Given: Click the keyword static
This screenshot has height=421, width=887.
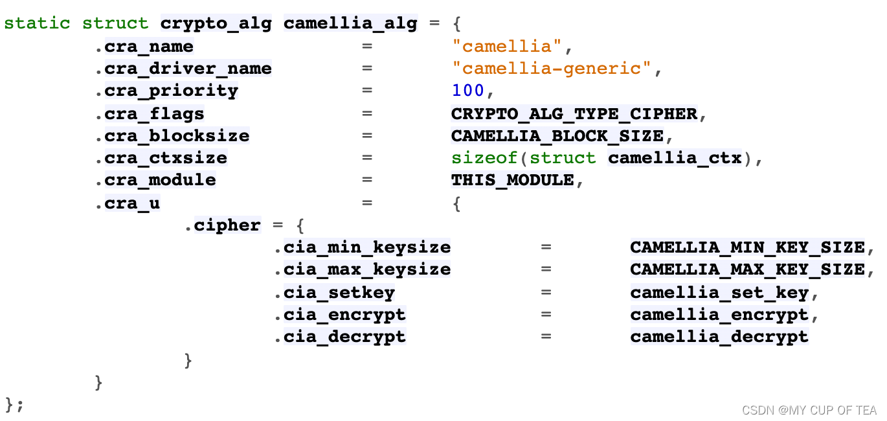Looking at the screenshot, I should click(x=37, y=24).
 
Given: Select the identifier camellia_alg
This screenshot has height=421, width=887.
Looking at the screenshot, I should click(x=350, y=24).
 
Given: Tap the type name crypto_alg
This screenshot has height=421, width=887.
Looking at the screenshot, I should click(x=216, y=24).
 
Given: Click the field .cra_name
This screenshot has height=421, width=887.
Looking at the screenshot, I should click(x=144, y=47).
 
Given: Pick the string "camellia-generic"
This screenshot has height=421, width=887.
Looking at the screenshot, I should click(x=551, y=69).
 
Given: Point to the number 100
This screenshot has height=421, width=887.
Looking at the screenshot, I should click(x=467, y=91).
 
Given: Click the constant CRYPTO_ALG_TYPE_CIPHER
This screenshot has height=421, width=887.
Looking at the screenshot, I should click(x=574, y=114).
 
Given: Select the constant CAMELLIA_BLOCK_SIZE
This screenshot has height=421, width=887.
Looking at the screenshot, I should click(x=557, y=136).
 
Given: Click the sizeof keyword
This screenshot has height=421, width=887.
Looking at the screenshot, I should click(x=484, y=158).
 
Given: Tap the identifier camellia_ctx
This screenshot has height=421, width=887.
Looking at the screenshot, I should click(x=674, y=158).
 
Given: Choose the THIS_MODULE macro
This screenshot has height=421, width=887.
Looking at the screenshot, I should click(x=512, y=180).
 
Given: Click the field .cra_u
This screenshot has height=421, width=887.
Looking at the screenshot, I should click(x=128, y=203).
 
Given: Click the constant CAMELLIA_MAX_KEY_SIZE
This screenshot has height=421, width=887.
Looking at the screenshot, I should click(x=747, y=269).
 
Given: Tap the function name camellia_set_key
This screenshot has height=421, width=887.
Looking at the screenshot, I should click(x=719, y=293).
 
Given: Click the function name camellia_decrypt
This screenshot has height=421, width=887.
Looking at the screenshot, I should click(x=719, y=337).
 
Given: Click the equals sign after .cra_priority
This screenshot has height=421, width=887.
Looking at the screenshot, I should click(x=368, y=91).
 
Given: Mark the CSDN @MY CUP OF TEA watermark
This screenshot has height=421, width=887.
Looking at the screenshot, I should click(x=809, y=410).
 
